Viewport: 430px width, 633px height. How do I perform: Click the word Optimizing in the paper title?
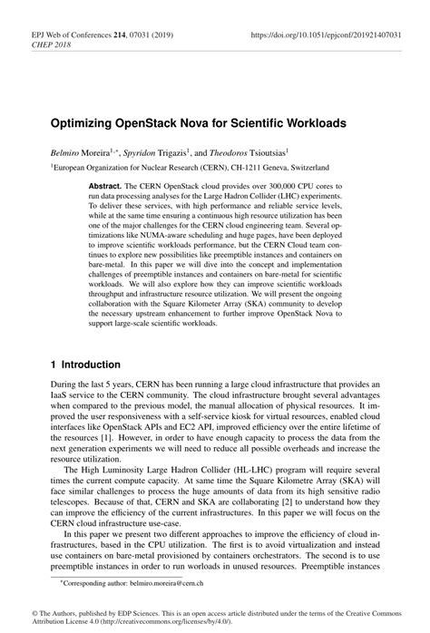pos(86,121)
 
